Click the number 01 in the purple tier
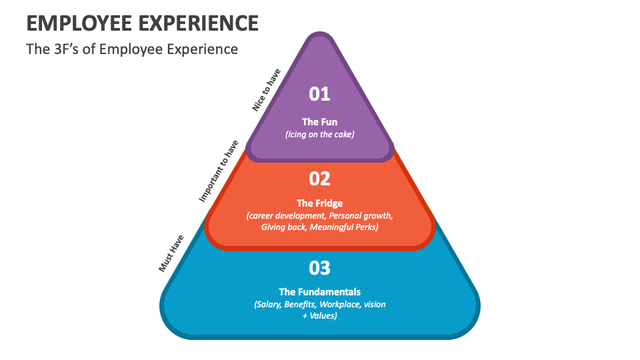click(320, 94)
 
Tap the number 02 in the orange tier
click(320, 179)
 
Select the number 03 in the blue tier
click(320, 268)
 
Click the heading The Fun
click(320, 122)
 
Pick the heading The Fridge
click(320, 203)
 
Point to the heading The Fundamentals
click(320, 291)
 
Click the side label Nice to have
click(267, 90)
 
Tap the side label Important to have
click(219, 171)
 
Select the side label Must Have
click(171, 253)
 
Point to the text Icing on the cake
click(320, 134)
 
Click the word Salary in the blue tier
click(268, 304)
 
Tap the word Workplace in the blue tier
click(337, 304)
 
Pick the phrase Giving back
click(283, 227)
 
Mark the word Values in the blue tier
click(324, 315)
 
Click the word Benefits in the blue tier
click(301, 304)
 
